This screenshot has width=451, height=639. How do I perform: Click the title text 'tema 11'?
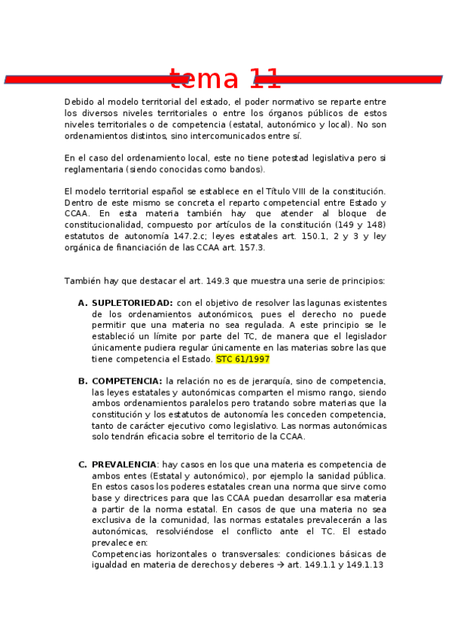[x=224, y=78]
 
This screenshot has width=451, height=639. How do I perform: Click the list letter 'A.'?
[x=83, y=303]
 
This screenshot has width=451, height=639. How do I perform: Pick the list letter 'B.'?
[x=83, y=381]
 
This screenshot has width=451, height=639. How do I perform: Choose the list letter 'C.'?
[x=83, y=464]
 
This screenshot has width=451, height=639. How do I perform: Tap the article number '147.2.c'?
[x=190, y=236]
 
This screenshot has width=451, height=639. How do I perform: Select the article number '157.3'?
[x=250, y=247]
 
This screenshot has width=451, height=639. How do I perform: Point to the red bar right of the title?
[x=354, y=79]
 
